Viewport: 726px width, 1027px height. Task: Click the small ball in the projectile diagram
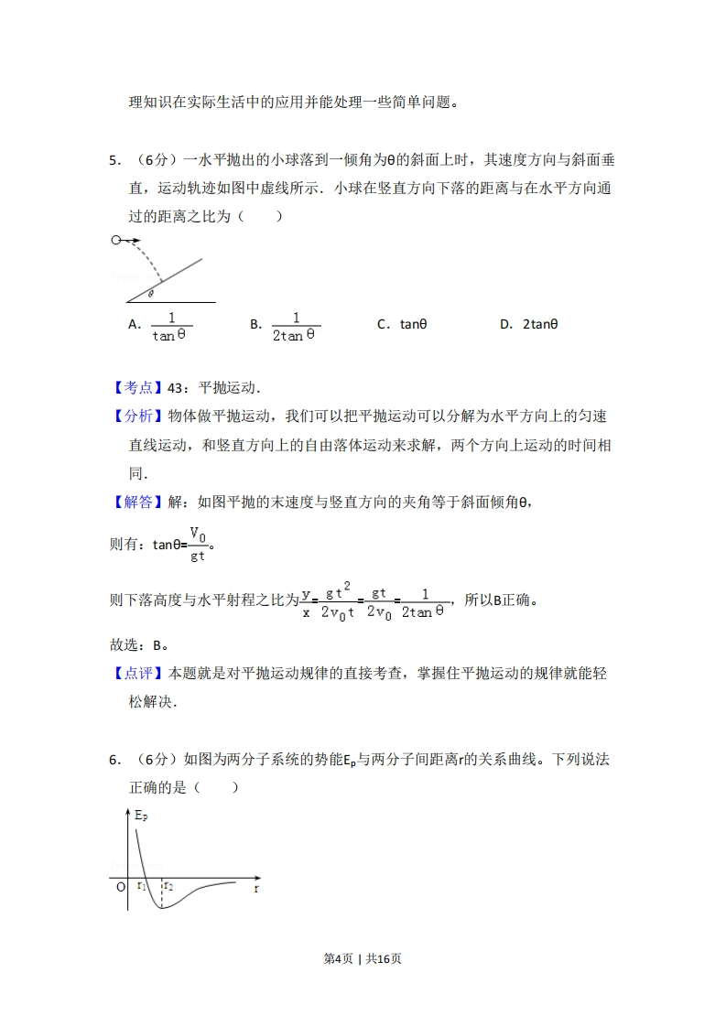pyautogui.click(x=115, y=241)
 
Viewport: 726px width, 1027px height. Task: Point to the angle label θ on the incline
pyautogui.click(x=150, y=294)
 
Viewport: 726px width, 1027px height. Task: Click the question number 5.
pyautogui.click(x=114, y=160)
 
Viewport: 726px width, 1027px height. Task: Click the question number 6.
pyautogui.click(x=114, y=760)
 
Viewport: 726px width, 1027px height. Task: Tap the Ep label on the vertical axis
pyautogui.click(x=141, y=815)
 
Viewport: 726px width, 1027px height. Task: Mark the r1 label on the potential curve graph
pyautogui.click(x=141, y=886)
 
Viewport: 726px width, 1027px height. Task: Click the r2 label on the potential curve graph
pyautogui.click(x=168, y=886)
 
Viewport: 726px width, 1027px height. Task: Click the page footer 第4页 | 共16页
pyautogui.click(x=363, y=958)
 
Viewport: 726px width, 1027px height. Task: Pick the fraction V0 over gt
pyautogui.click(x=198, y=544)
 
